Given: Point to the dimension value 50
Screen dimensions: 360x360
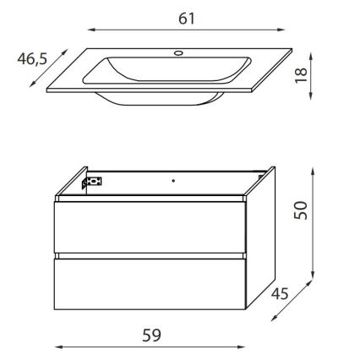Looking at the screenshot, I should (x=302, y=208).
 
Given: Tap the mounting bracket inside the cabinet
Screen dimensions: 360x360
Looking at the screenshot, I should (x=92, y=182).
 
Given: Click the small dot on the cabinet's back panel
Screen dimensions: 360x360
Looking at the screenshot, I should (x=172, y=180).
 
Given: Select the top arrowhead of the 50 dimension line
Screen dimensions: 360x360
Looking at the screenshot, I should (x=318, y=168).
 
